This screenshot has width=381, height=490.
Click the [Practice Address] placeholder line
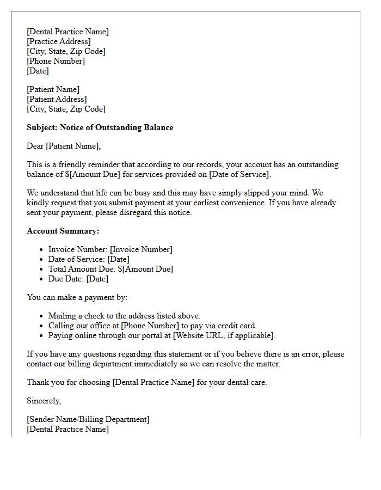pyautogui.click(x=59, y=41)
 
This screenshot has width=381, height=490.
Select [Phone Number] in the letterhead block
pyautogui.click(x=56, y=61)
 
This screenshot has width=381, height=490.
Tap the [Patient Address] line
pyautogui.click(x=57, y=99)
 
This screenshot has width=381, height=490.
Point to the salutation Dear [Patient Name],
pyautogui.click(x=64, y=146)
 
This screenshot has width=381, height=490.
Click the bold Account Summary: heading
pyautogui.click(x=63, y=231)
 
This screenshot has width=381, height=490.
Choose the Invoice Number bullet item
pyautogui.click(x=110, y=249)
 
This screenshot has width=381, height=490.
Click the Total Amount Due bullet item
pyautogui.click(x=110, y=269)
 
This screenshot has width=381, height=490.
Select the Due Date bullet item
pyautogui.click(x=78, y=279)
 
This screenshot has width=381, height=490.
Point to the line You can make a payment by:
pyautogui.click(x=77, y=297)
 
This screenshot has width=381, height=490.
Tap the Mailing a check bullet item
pyautogui.click(x=124, y=316)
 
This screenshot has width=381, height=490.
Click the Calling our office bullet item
pyautogui.click(x=152, y=326)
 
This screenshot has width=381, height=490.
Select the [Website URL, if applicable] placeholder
pyautogui.click(x=224, y=335)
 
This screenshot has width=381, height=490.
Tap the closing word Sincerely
pyautogui.click(x=44, y=401)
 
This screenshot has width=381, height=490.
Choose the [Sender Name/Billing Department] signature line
pyautogui.click(x=88, y=419)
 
